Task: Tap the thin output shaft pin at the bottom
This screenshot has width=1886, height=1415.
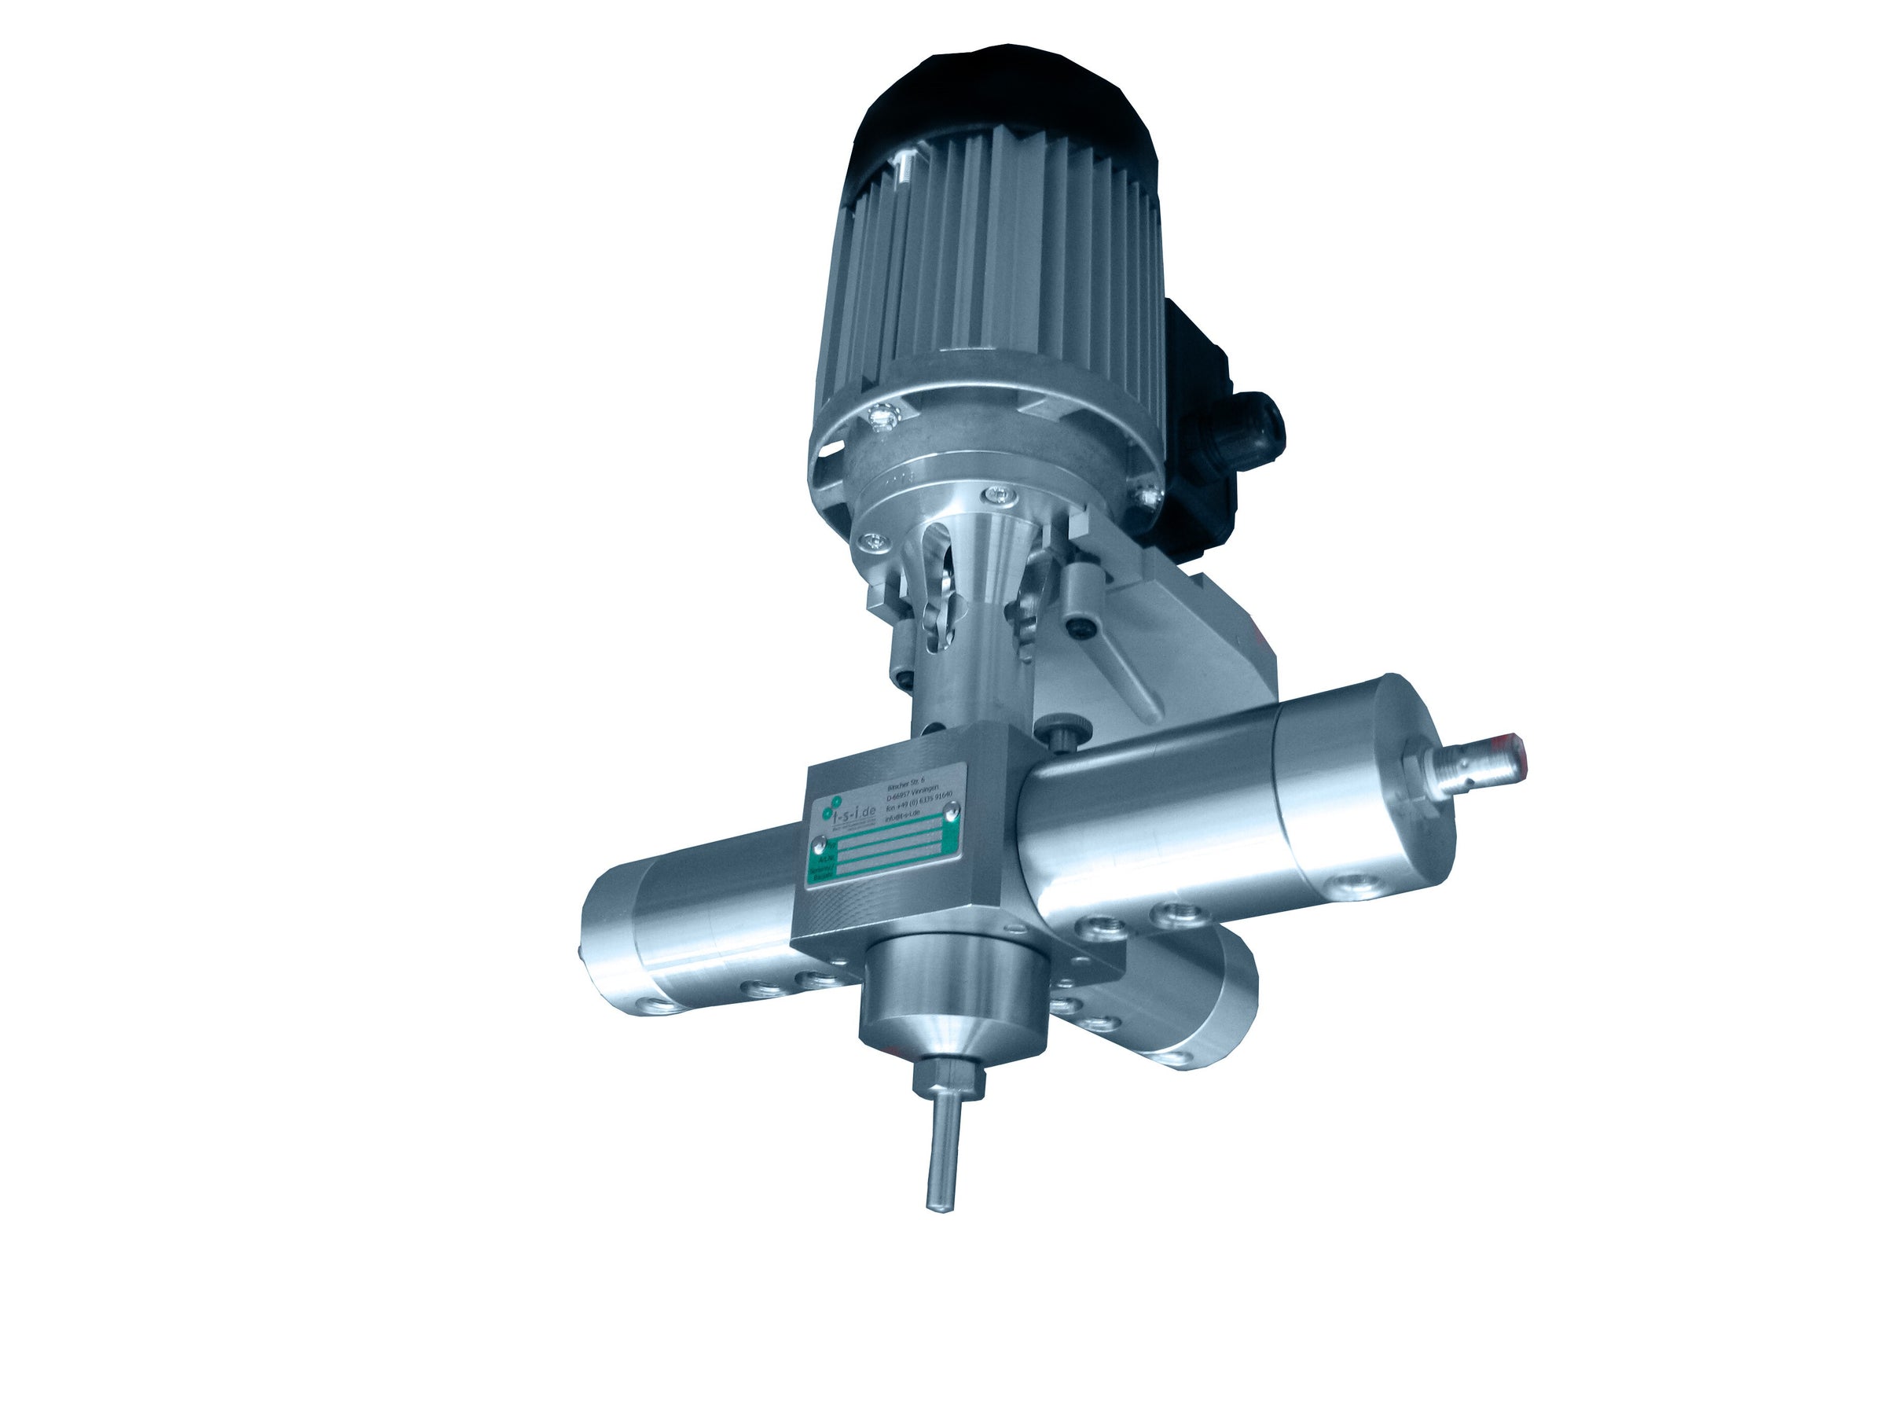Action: click(943, 1160)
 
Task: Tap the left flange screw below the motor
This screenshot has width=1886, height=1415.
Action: click(871, 540)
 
